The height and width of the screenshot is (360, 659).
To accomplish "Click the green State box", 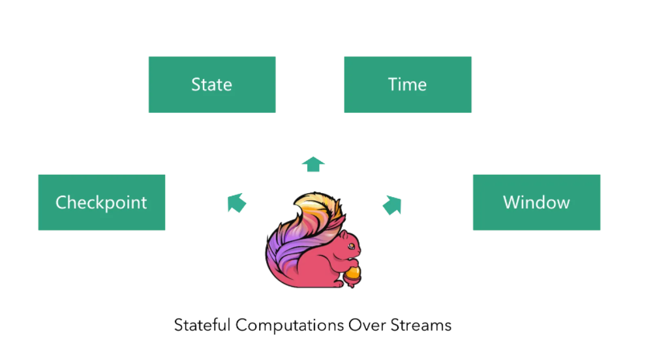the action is pos(212,84).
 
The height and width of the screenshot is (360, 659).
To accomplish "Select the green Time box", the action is pos(408,84).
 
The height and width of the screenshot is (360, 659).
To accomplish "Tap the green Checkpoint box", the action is pos(102,202).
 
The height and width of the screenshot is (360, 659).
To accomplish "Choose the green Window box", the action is pos(537,202).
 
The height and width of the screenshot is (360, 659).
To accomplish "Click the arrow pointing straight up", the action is pos(313,164).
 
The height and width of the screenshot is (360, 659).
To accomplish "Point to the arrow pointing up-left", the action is pos(237,203).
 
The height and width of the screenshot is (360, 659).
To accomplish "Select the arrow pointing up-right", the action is pos(392,205).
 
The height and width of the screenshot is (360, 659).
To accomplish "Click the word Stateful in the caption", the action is pos(202,325).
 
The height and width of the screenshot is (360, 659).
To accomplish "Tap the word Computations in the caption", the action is pos(290,325).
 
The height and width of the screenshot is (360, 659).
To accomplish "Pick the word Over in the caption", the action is pos(367,325).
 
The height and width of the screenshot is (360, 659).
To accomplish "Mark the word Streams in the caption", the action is pos(421,325).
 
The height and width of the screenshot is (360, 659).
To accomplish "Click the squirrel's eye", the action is pos(351,246).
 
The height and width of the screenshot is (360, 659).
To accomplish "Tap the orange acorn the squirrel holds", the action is pos(352,276).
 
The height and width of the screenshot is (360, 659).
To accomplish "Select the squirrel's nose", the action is pos(360,251).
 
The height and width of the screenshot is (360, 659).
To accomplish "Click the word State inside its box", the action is pos(212,85).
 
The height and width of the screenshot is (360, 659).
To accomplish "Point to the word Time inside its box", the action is pos(407,85).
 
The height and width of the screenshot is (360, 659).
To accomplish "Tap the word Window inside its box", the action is pos(537,202).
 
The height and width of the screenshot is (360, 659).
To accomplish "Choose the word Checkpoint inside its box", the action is pos(101,203).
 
